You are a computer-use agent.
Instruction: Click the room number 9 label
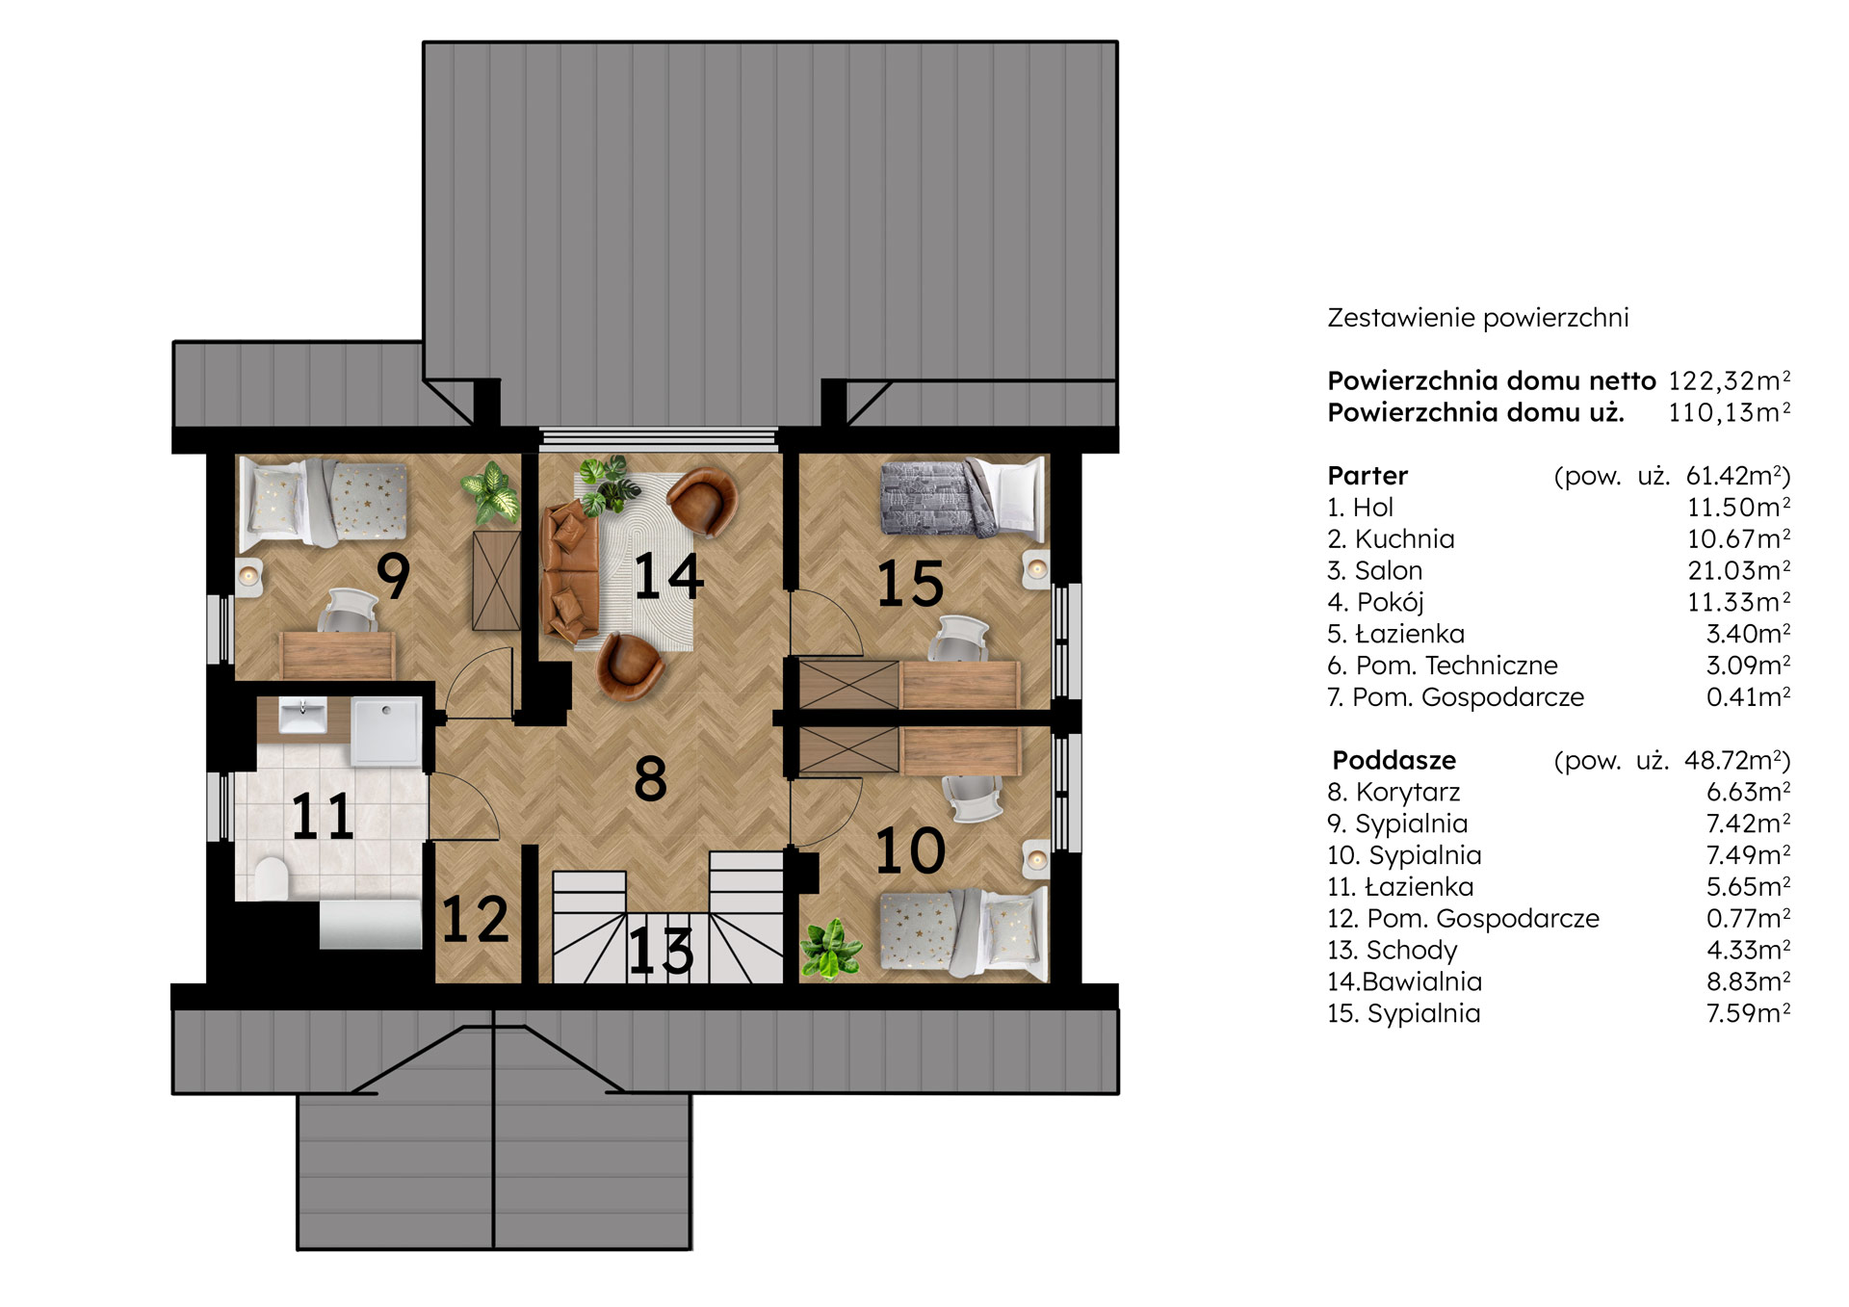[393, 576]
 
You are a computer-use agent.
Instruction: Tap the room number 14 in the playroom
[668, 576]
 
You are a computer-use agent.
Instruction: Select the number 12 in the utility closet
[475, 919]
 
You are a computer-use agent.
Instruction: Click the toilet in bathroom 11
[272, 877]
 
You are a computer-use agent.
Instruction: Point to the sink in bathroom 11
[303, 716]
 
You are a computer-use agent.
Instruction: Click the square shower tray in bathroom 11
[386, 732]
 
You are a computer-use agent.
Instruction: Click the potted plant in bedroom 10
[830, 950]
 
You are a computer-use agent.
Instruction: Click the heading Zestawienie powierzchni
[1478, 318]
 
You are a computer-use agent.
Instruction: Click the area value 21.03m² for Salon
[1739, 570]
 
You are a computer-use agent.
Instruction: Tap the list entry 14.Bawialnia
[1404, 981]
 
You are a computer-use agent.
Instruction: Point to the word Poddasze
[1393, 760]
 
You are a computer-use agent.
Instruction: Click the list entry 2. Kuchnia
[1391, 538]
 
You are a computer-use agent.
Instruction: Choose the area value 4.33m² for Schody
[1749, 950]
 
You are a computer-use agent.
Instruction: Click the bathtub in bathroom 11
[371, 925]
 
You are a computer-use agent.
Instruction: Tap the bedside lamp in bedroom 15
[1036, 569]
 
